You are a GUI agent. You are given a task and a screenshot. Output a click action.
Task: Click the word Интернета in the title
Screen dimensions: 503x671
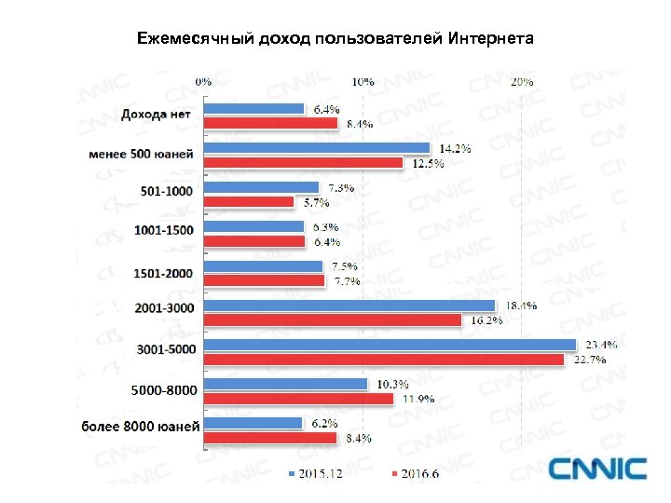click(490, 39)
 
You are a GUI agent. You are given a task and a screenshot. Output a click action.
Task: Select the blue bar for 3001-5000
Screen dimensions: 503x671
click(390, 346)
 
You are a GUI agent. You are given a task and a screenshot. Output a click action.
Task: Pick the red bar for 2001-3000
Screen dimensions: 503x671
click(333, 319)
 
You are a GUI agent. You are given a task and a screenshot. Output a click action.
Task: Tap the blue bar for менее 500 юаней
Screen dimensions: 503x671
click(317, 148)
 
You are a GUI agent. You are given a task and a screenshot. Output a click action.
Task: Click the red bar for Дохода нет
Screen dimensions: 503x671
click(270, 122)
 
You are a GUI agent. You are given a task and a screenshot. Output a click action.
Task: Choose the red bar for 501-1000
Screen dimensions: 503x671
click(249, 201)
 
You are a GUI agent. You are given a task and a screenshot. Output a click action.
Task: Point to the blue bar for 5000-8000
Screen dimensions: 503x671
click(286, 384)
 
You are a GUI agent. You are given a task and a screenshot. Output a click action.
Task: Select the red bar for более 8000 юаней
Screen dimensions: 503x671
click(270, 437)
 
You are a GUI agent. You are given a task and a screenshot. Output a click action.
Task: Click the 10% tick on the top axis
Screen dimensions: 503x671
click(363, 82)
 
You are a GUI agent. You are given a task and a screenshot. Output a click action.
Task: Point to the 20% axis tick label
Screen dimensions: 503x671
click(522, 82)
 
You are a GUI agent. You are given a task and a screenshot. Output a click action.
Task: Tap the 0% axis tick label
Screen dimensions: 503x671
click(202, 82)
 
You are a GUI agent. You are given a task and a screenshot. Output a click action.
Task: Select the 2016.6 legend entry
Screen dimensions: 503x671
click(418, 475)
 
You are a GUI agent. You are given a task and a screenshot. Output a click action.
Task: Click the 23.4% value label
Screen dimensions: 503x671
click(601, 345)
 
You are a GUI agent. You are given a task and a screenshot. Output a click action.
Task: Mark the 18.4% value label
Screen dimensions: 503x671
click(521, 306)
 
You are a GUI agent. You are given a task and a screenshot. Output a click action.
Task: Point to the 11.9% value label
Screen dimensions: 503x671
click(418, 400)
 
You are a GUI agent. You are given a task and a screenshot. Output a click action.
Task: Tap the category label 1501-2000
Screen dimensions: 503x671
click(164, 272)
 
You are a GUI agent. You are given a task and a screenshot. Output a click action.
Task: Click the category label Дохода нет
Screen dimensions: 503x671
click(157, 115)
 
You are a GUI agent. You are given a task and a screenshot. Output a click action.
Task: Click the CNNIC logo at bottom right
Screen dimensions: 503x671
click(596, 469)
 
